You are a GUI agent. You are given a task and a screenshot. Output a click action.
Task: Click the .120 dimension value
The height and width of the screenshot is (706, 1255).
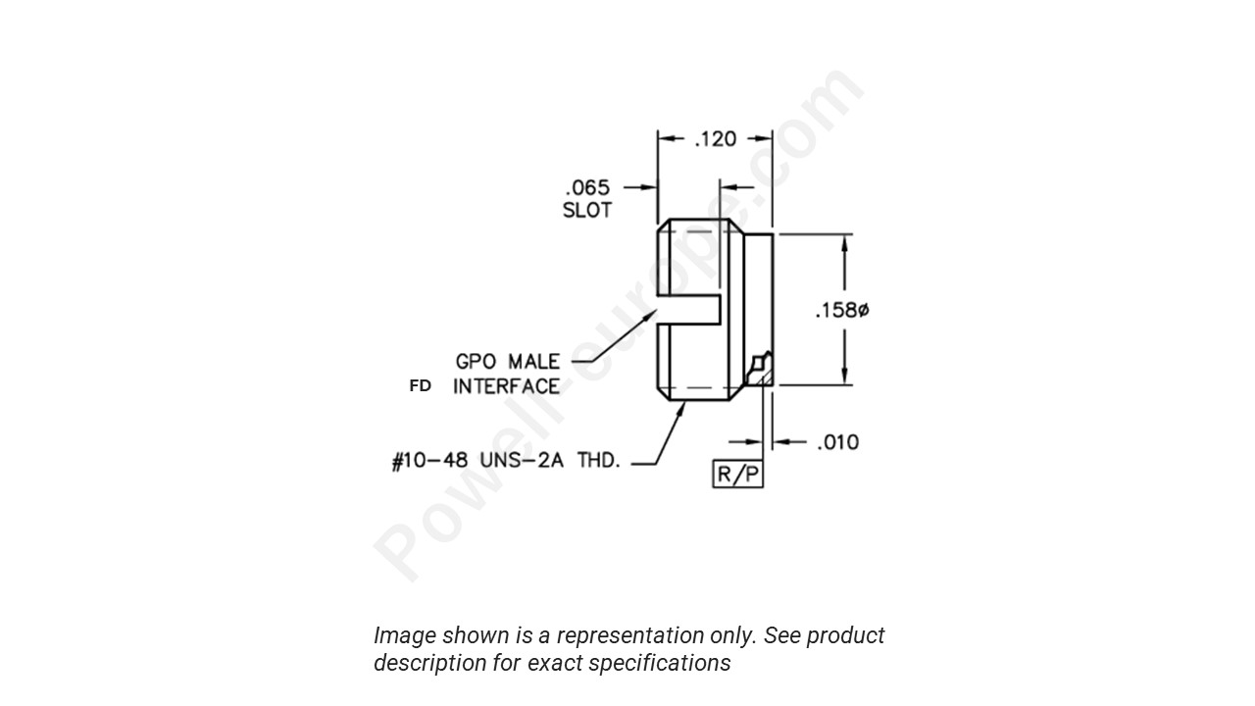click(x=715, y=139)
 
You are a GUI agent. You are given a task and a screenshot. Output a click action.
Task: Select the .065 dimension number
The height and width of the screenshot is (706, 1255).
click(x=587, y=186)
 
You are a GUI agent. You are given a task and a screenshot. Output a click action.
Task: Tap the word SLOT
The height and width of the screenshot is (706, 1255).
click(x=586, y=210)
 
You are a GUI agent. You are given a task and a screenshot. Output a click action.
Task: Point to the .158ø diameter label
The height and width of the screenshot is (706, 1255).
click(x=842, y=311)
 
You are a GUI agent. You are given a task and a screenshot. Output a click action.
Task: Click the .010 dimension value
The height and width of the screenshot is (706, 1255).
click(x=837, y=442)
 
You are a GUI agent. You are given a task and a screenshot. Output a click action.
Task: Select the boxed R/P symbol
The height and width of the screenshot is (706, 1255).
click(x=737, y=475)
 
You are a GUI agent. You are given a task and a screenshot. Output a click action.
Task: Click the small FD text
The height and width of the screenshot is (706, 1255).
click(x=420, y=386)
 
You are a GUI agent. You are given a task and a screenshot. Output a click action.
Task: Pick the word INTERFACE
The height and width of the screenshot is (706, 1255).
click(x=506, y=386)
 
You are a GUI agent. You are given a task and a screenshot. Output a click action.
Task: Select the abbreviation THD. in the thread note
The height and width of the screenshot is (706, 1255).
click(x=596, y=461)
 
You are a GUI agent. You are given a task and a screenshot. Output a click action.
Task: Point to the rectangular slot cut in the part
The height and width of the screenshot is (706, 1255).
click(x=690, y=311)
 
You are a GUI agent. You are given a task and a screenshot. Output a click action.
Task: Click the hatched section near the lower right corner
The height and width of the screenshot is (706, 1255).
click(x=760, y=373)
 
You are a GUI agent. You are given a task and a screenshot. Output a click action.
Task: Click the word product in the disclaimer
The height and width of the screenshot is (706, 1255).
click(x=845, y=635)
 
